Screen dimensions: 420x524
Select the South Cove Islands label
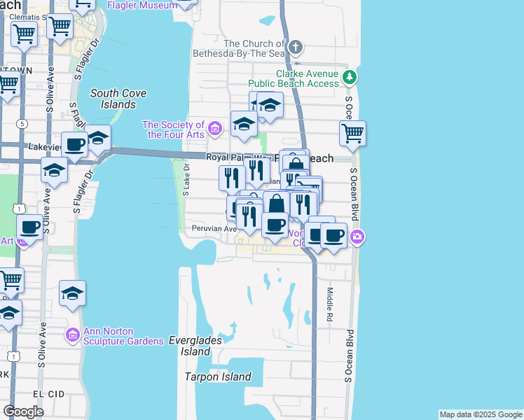[x=113, y=99]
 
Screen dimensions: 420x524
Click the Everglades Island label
[x=195, y=346]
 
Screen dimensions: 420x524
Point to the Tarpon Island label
[x=218, y=377]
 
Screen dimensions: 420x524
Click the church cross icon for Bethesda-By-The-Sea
[x=296, y=48]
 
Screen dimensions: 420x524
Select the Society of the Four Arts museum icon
[x=216, y=128]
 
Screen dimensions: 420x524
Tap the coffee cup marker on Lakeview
[x=75, y=145]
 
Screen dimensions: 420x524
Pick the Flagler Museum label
[x=142, y=6]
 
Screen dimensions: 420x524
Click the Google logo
[x=23, y=412]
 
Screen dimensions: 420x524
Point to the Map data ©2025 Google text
[x=481, y=414]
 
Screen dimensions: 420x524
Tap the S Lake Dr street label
[x=186, y=180]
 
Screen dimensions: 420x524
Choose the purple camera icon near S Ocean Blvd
[x=357, y=237]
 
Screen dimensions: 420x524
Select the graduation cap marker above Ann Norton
[x=72, y=293]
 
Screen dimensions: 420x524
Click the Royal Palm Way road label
[x=231, y=157]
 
